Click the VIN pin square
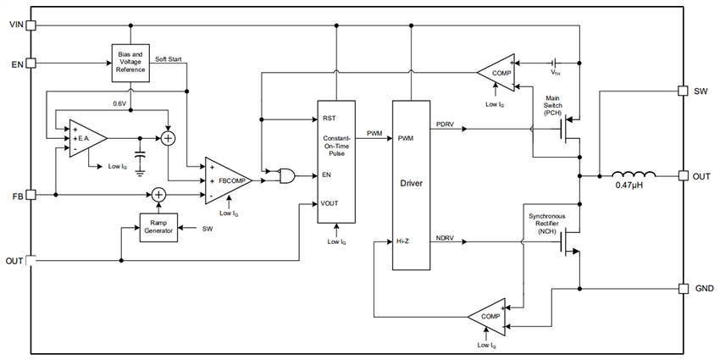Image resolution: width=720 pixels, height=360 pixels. tap(31, 25)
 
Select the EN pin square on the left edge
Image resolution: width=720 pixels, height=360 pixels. tap(31, 63)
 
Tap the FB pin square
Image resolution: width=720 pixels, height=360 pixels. tap(31, 195)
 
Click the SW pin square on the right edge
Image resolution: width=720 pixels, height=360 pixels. tap(683, 90)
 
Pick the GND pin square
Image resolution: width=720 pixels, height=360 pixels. tap(683, 289)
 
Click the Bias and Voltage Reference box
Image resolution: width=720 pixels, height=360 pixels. tap(130, 63)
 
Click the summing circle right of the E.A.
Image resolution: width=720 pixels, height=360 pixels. tap(169, 138)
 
